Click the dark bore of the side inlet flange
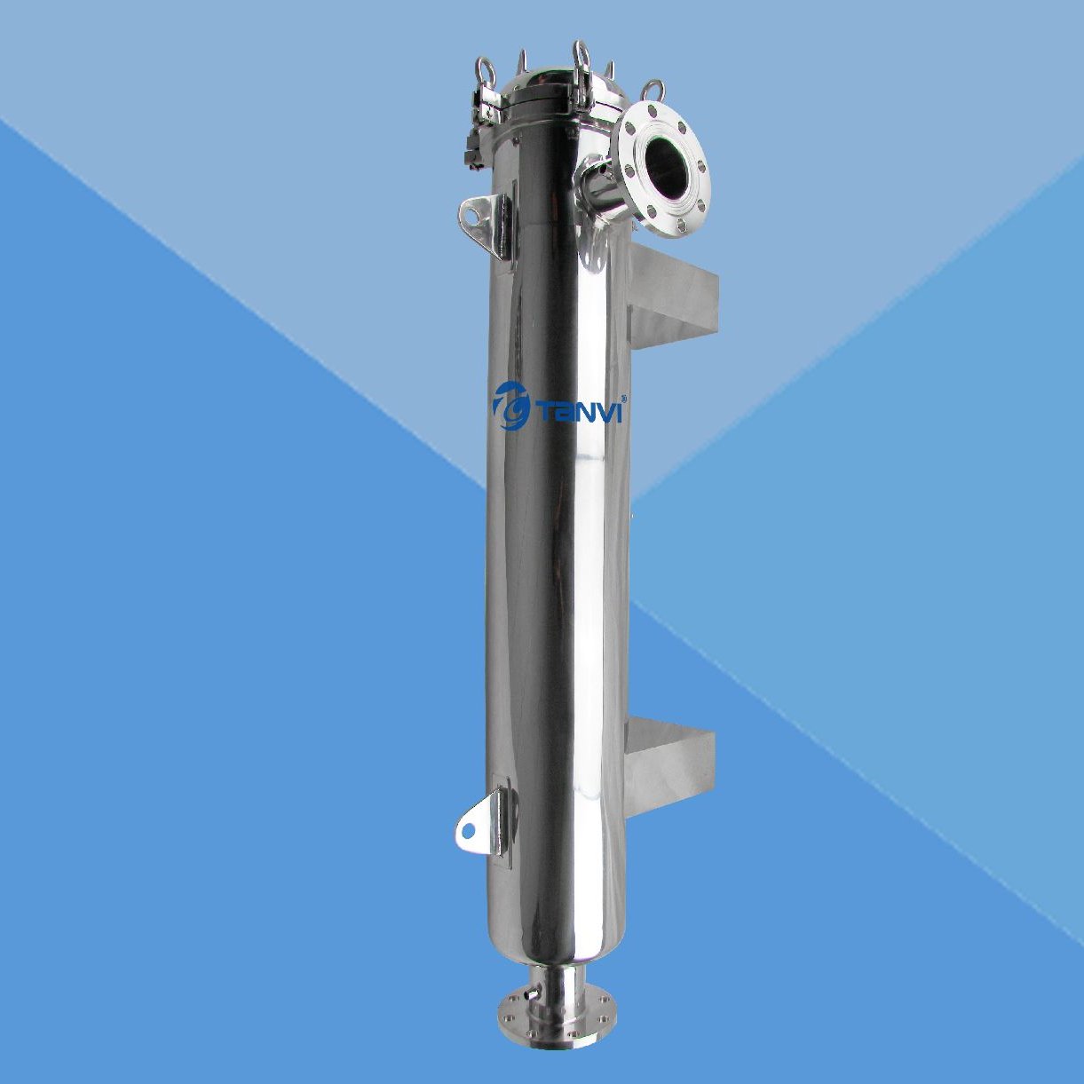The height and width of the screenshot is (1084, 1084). [667, 170]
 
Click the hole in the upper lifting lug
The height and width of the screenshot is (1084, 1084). [470, 213]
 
